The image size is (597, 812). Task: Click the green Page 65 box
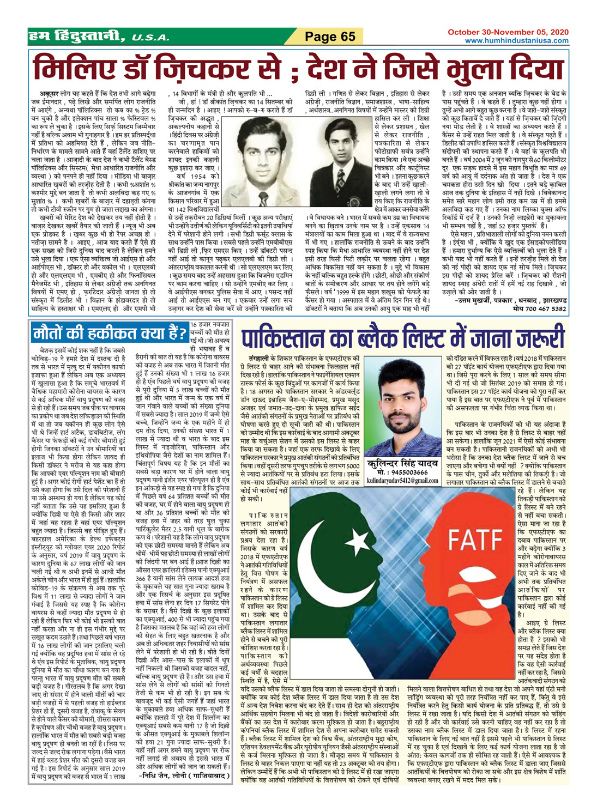330,37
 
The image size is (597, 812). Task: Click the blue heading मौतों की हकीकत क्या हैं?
109,332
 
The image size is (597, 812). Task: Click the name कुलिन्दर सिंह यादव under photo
403,463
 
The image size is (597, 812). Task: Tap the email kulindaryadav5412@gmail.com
403,481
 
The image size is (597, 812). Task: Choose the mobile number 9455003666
409,472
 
